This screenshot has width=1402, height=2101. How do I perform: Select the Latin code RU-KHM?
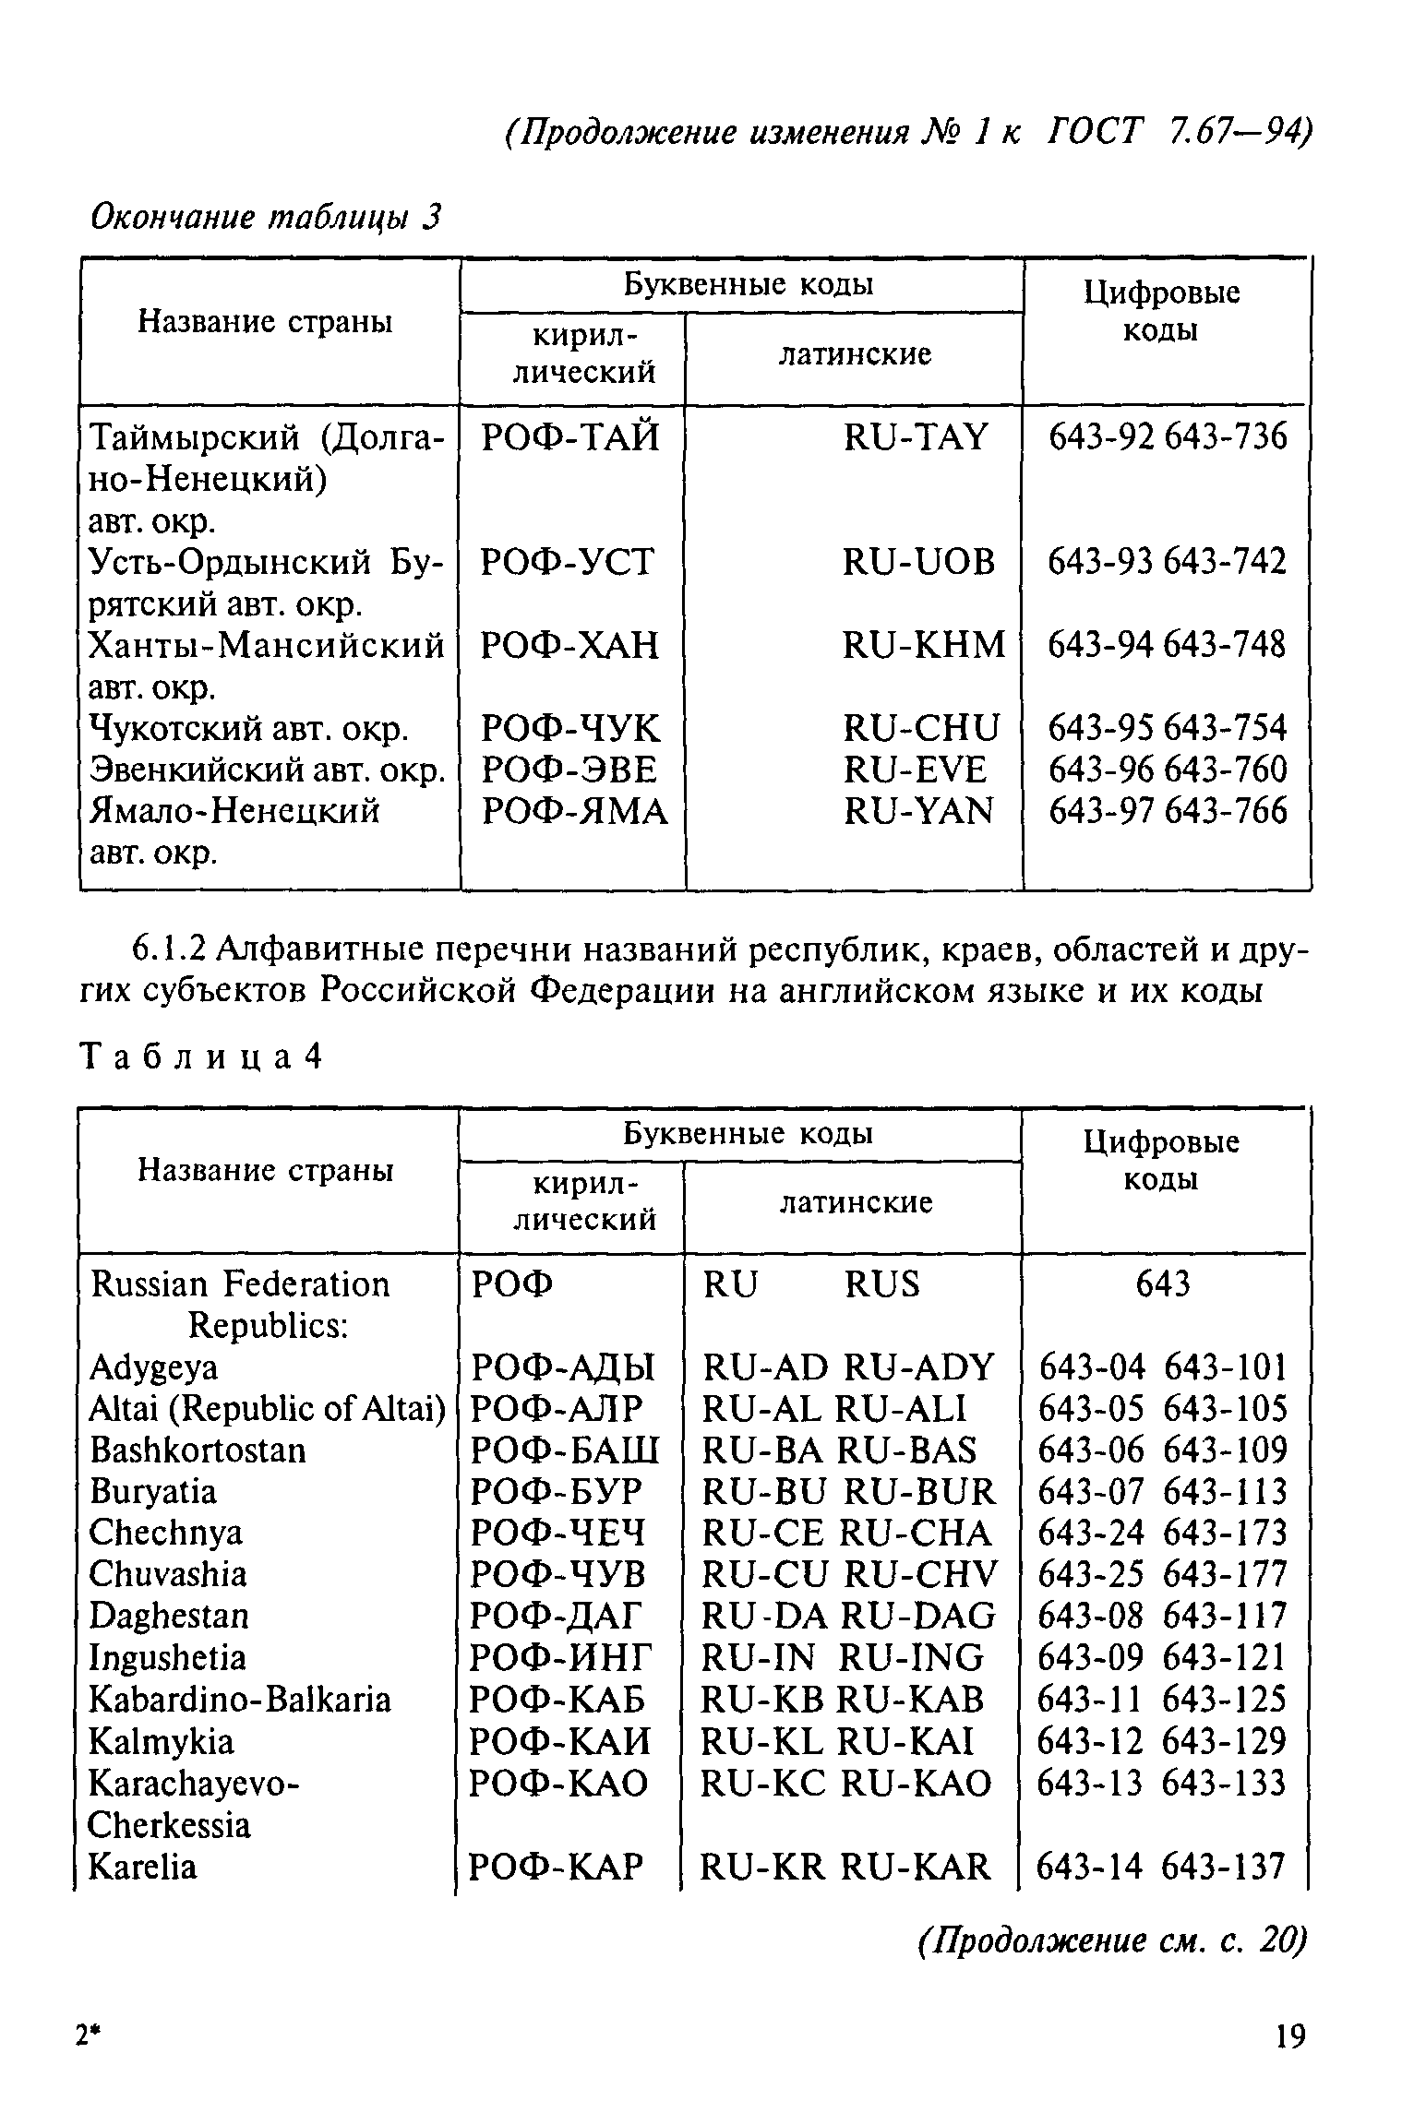[x=923, y=645]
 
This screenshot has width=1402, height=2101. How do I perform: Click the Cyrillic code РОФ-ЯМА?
[x=575, y=811]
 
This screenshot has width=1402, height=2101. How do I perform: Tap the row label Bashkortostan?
[x=198, y=1450]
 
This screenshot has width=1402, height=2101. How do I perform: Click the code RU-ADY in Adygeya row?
[x=919, y=1367]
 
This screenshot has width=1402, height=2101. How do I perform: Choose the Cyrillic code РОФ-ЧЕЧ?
[x=557, y=1533]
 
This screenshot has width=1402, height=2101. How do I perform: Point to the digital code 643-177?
[x=1224, y=1574]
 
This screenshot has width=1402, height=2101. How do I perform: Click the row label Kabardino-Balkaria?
[x=240, y=1699]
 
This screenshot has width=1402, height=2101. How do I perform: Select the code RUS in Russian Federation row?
[x=881, y=1283]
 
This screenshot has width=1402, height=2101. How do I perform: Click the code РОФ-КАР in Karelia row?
[x=556, y=1868]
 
